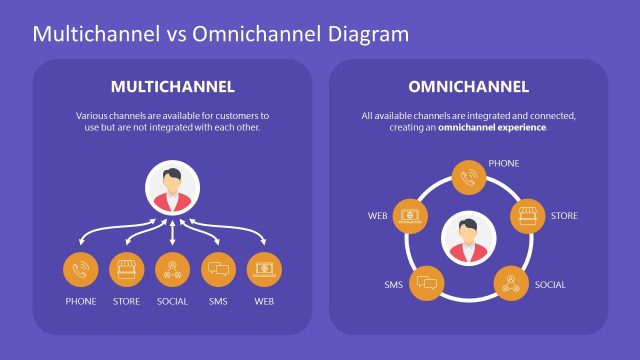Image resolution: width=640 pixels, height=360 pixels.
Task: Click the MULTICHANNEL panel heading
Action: pyautogui.click(x=173, y=86)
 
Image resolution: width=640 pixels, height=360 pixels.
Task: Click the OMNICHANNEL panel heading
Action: pyautogui.click(x=468, y=86)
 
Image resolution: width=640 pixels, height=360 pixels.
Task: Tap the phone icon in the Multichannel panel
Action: pyautogui.click(x=81, y=269)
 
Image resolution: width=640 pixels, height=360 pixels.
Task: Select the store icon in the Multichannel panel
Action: pyautogui.click(x=126, y=269)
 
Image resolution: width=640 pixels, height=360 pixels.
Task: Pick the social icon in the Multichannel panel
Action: pyautogui.click(x=173, y=269)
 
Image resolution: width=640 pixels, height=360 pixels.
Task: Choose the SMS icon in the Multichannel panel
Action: pyautogui.click(x=219, y=269)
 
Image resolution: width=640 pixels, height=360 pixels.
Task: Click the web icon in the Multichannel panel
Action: pyautogui.click(x=264, y=269)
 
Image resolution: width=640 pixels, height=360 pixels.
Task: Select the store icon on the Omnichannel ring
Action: pyautogui.click(x=528, y=216)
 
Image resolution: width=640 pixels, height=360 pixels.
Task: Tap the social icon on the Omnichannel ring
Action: pyautogui.click(x=511, y=284)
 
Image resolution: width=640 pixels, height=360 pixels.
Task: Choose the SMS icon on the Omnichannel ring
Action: pyautogui.click(x=427, y=284)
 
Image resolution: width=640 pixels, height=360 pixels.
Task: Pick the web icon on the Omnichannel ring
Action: pyautogui.click(x=408, y=216)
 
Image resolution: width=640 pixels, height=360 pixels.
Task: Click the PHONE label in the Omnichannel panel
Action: pyautogui.click(x=503, y=162)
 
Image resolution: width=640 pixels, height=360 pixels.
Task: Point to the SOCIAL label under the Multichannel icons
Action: pyautogui.click(x=173, y=301)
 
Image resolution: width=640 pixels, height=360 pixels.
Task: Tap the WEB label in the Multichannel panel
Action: pyautogui.click(x=264, y=301)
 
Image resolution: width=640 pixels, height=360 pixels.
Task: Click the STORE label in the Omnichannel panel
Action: pyautogui.click(x=564, y=216)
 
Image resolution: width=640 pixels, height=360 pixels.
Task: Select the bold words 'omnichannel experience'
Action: pyautogui.click(x=492, y=128)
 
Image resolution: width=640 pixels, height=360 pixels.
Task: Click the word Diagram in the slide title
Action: pyautogui.click(x=367, y=34)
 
